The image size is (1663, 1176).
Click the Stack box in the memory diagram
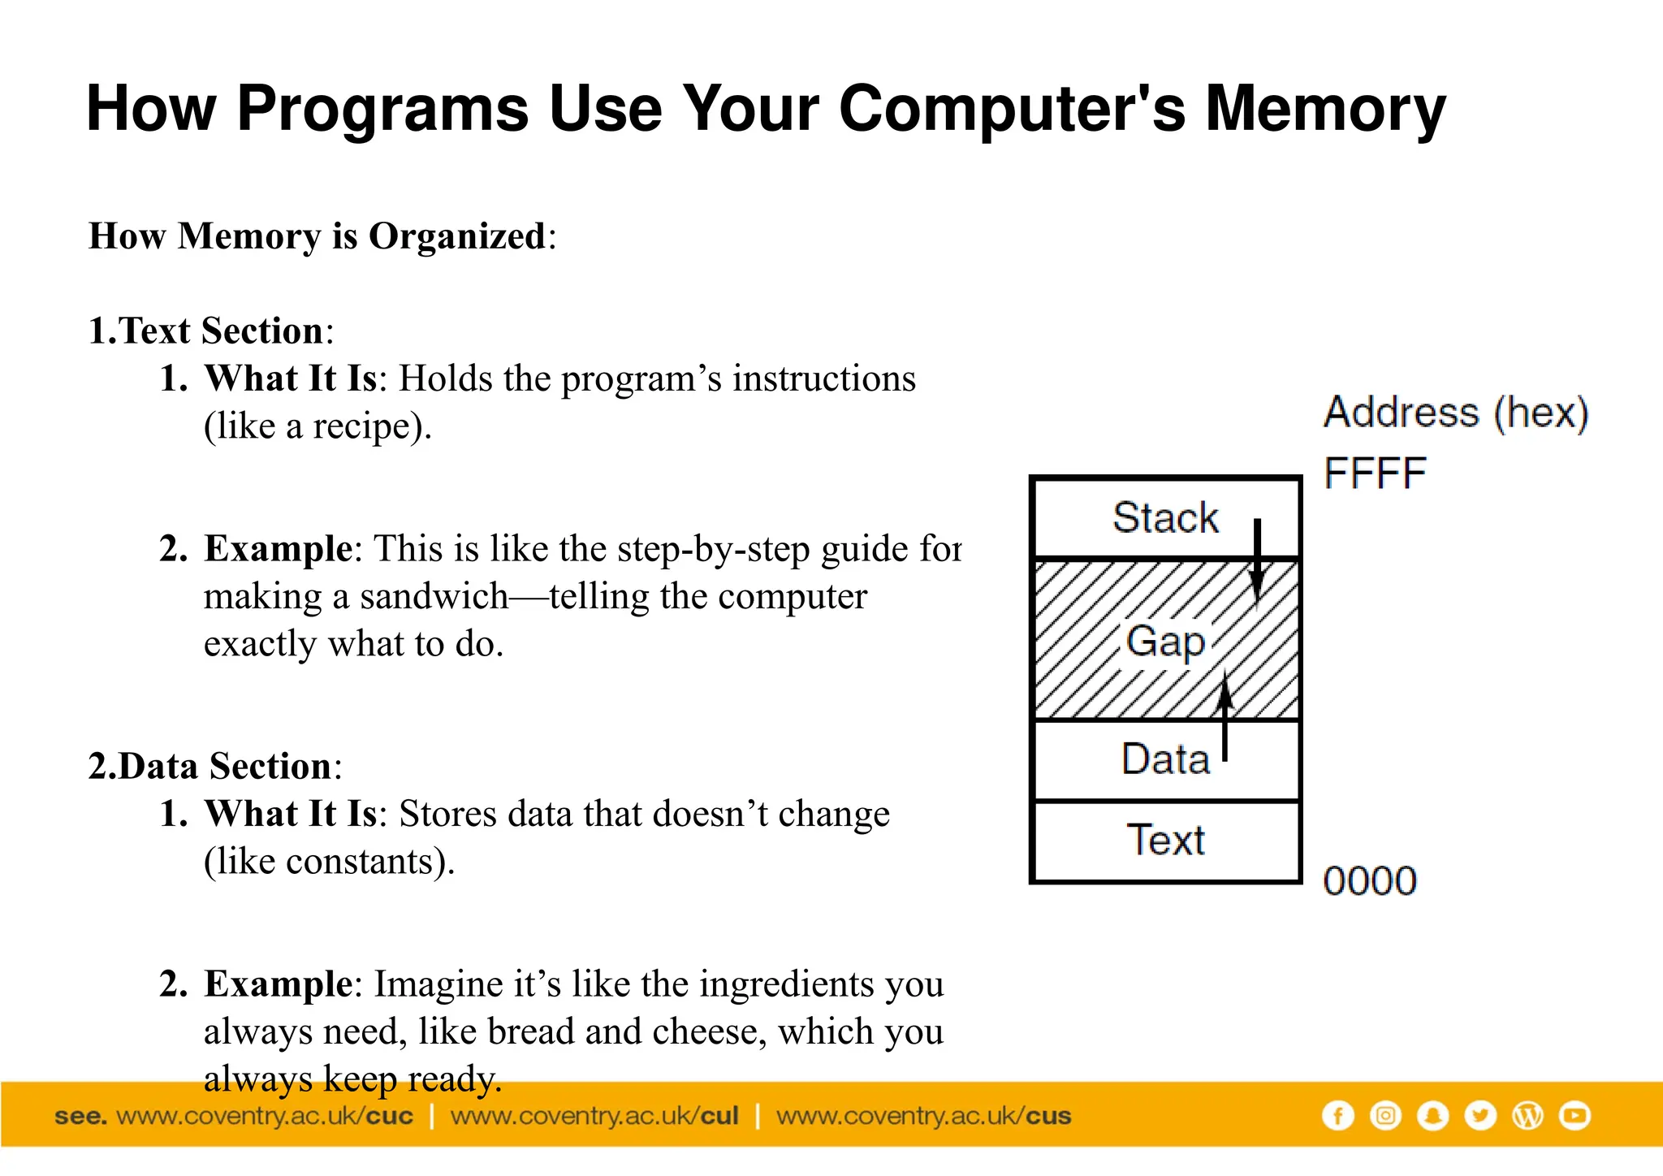1164,518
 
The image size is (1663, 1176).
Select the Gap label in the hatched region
1165,642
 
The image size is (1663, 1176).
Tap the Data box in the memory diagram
1164,760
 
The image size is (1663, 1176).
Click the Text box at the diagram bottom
1164,841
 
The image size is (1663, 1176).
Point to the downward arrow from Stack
1257,560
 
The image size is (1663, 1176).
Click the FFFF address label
1375,473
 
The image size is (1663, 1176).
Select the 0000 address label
1370,881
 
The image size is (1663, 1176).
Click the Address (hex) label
1456,413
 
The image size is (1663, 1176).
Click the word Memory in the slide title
1324,109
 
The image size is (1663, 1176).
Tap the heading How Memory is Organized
322,236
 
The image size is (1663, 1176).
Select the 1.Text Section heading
210,331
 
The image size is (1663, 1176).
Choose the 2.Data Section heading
214,767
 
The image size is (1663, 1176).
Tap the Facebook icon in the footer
1337,1116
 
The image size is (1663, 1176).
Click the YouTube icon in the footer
1574,1116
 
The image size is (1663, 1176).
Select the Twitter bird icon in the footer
1479,1116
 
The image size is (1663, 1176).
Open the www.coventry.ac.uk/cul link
594,1116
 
